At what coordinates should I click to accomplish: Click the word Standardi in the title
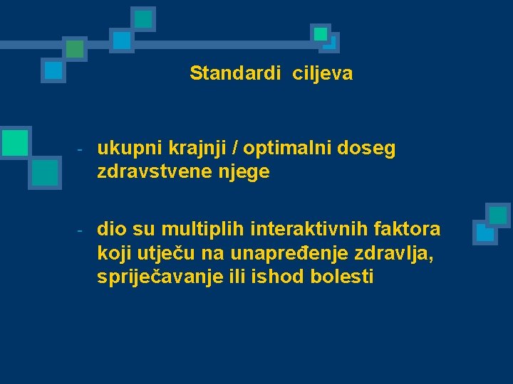click(x=235, y=73)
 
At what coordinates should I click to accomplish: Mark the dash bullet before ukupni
click(x=81, y=150)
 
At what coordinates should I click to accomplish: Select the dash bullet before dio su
click(x=81, y=230)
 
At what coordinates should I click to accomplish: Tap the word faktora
click(x=409, y=229)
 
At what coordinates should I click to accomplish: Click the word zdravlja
click(x=392, y=253)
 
